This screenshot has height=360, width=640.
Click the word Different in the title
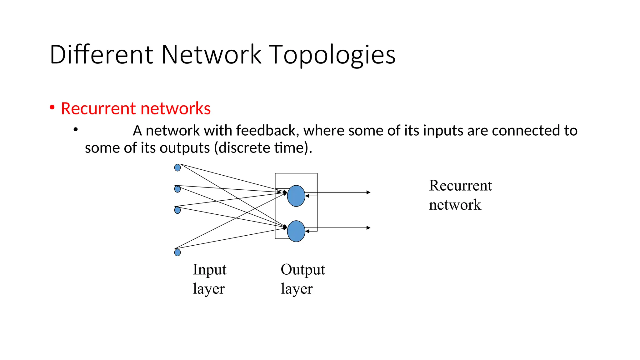tap(101, 55)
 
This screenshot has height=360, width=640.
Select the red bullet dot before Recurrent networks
tap(52, 107)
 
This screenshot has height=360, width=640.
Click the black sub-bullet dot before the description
tap(75, 129)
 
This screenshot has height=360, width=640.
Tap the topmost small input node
tap(177, 168)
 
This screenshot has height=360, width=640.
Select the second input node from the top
tap(177, 189)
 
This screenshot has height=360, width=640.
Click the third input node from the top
tap(177, 210)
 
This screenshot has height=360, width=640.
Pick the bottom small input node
tap(177, 252)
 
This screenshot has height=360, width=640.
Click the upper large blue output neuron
tap(296, 196)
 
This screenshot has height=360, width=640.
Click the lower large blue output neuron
tap(296, 231)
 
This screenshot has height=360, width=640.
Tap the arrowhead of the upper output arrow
tap(369, 192)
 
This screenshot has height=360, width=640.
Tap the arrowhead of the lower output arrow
tap(369, 228)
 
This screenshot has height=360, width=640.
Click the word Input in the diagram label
tap(209, 270)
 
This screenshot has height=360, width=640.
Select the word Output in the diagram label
tap(302, 270)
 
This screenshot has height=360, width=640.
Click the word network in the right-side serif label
tap(455, 205)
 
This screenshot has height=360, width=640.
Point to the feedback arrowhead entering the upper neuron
tap(307, 196)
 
